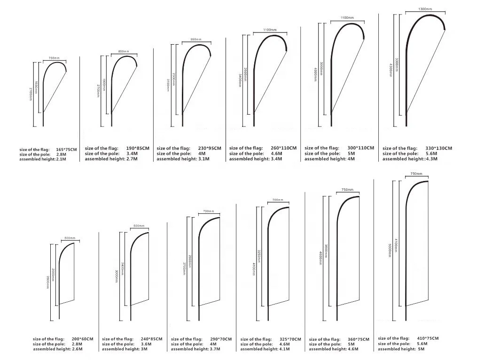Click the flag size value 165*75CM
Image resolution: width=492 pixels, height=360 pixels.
click(x=66, y=149)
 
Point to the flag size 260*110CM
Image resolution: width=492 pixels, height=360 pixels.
click(x=284, y=148)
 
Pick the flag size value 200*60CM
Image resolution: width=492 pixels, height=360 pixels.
click(x=82, y=339)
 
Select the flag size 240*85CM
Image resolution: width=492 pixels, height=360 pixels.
click(x=152, y=339)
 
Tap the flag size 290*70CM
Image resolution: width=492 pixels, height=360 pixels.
click(x=220, y=339)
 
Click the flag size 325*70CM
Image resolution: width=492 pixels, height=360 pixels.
click(x=290, y=339)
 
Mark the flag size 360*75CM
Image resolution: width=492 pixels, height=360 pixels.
click(x=359, y=339)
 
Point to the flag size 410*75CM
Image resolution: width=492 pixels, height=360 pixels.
click(x=427, y=338)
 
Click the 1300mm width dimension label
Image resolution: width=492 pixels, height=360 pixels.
click(x=425, y=9)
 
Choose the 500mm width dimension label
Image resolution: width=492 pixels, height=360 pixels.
click(x=69, y=238)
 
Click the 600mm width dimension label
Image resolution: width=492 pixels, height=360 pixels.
click(x=138, y=226)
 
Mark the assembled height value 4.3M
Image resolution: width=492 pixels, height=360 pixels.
click(x=432, y=159)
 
